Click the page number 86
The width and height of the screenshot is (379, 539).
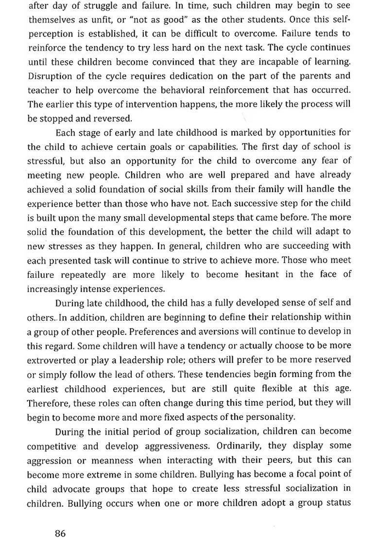(x=60, y=520)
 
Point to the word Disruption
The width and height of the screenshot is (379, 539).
(x=48, y=76)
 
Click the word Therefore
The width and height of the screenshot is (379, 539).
(x=49, y=403)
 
